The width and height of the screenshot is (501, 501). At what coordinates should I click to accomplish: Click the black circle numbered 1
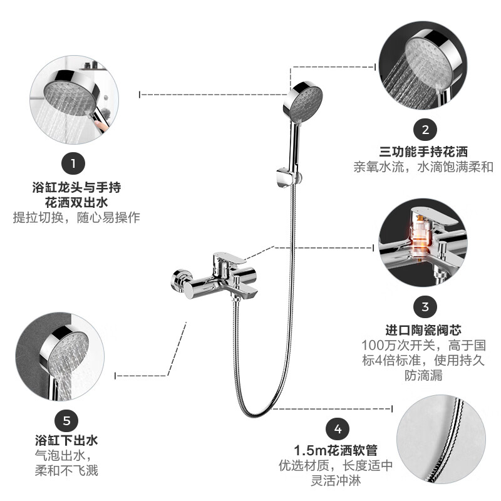click(x=73, y=165)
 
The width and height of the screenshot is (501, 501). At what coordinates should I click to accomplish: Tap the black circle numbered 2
click(x=425, y=130)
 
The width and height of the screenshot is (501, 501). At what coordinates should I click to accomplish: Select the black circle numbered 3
click(x=425, y=307)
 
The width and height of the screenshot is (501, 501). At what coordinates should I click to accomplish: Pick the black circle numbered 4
click(x=338, y=430)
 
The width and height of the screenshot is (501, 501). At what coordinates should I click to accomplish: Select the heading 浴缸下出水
click(x=66, y=440)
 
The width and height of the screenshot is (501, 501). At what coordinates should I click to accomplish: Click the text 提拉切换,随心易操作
click(x=76, y=218)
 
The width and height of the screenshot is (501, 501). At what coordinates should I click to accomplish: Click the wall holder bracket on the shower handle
click(x=286, y=177)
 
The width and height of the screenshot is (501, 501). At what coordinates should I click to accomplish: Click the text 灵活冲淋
click(x=336, y=482)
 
